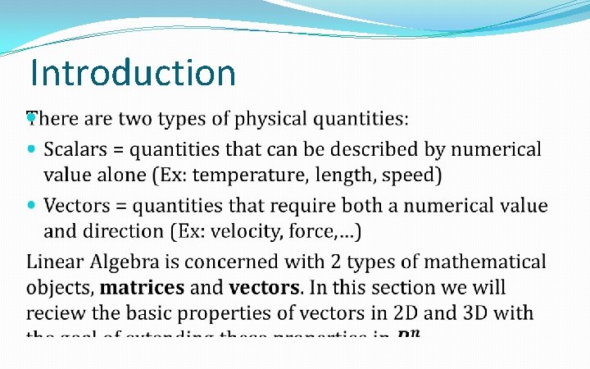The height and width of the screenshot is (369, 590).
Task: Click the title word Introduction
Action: (x=133, y=72)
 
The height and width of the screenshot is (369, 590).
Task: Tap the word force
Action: (x=308, y=230)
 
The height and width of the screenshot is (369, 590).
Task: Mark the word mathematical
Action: (x=483, y=262)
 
